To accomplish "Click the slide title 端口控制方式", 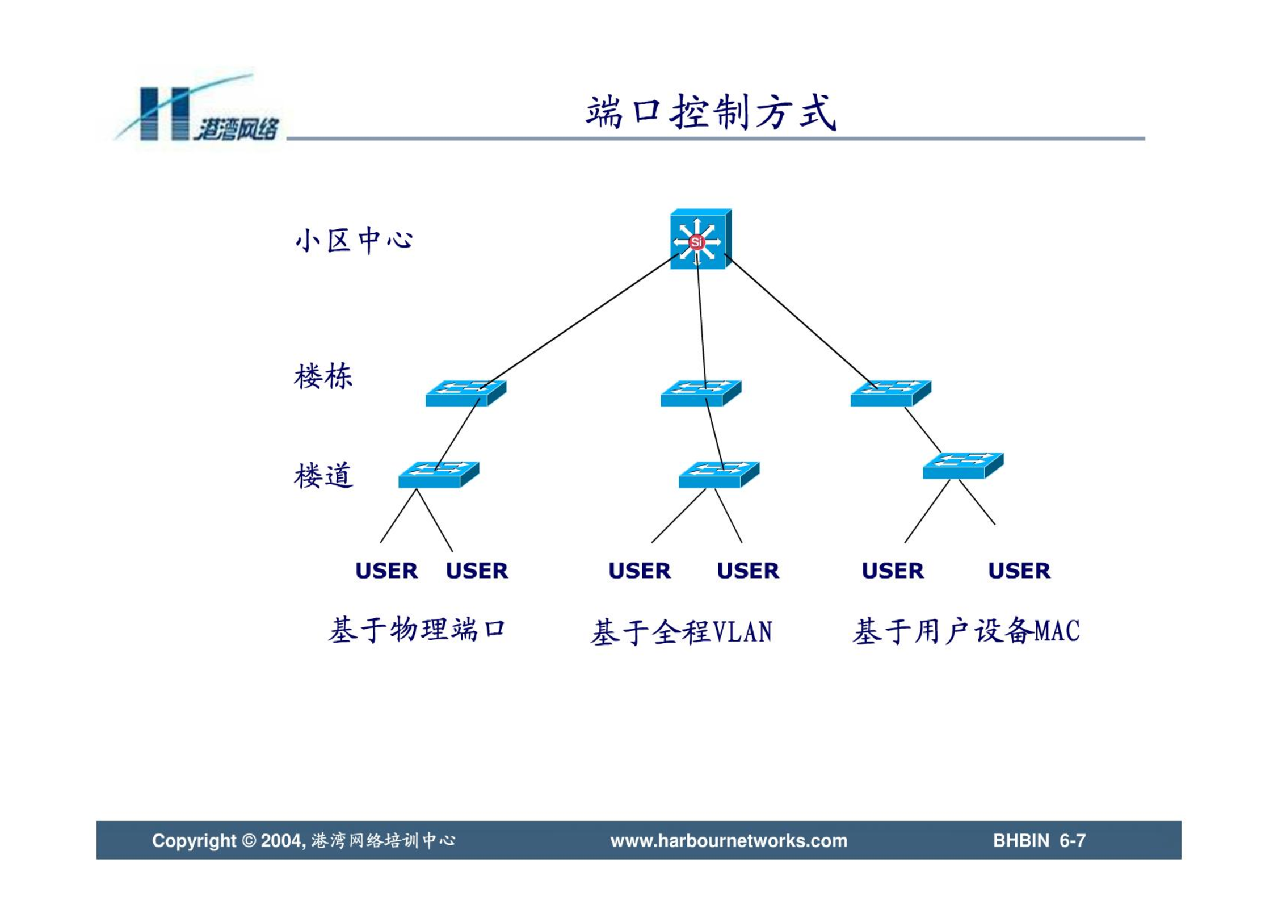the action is tap(711, 112).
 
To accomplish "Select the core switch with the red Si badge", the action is tap(700, 239).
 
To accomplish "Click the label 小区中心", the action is tap(354, 240).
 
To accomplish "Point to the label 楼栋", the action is tap(323, 376).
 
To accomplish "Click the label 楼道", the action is tap(323, 475).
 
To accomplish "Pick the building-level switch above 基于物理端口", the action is tap(465, 393).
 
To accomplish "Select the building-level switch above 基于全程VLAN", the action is tap(700, 393).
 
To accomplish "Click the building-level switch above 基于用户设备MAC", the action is tap(890, 393).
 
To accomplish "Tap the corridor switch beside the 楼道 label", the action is tap(439, 475).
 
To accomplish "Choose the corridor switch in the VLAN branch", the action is tap(719, 475).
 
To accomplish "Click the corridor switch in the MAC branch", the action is tap(963, 466).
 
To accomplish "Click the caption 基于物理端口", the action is tap(417, 630).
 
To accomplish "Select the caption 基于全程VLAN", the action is tap(681, 632).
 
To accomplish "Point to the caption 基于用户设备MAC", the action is tap(966, 631).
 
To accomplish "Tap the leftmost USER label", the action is tap(386, 571).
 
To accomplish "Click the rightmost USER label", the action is tap(1019, 571).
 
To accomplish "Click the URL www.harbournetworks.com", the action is tap(729, 840).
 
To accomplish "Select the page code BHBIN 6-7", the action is tap(1039, 840).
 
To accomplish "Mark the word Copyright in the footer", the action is tap(194, 841).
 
